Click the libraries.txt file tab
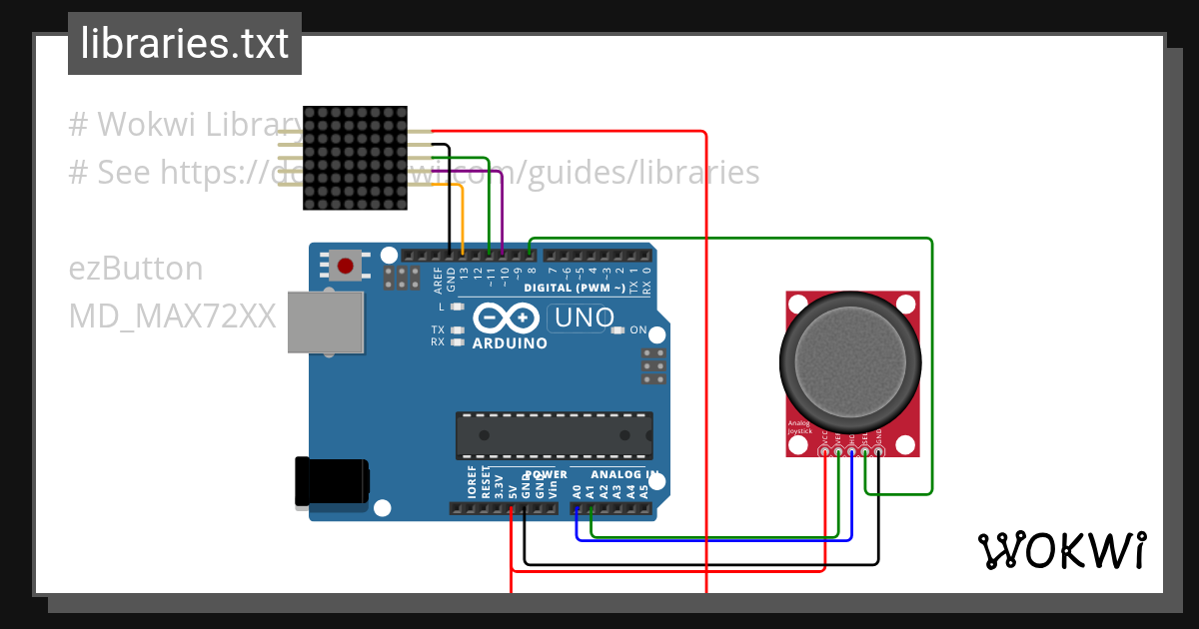point(184,44)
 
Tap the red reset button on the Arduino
point(345,267)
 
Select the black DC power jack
point(331,482)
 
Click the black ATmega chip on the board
point(555,435)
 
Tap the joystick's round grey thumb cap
point(848,361)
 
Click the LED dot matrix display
point(355,158)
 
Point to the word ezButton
point(136,269)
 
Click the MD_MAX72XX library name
point(172,316)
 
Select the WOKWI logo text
point(1062,550)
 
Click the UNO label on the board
point(583,318)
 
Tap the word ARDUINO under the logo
point(510,343)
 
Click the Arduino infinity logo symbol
point(509,318)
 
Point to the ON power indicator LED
point(616,330)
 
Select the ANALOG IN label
point(623,474)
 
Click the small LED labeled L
point(458,307)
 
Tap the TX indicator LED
point(458,329)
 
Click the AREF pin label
point(439,279)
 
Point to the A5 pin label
point(643,490)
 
